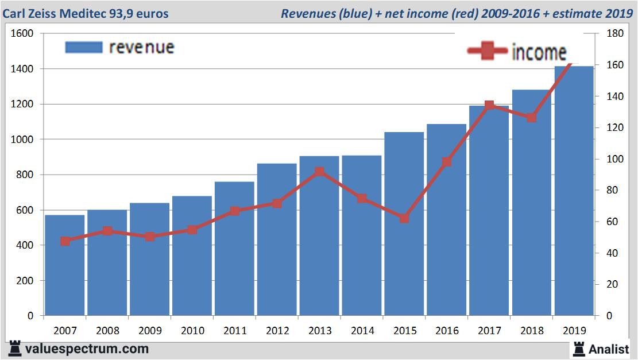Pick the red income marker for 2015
(404, 218)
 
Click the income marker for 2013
(320, 172)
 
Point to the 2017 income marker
(489, 106)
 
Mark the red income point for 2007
(65, 241)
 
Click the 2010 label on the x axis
(192, 331)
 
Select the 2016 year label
(447, 331)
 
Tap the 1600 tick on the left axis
(22, 34)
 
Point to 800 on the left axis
(25, 175)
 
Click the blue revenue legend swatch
(84, 47)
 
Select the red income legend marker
(488, 52)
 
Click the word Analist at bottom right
(609, 349)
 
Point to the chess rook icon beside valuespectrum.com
(16, 349)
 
